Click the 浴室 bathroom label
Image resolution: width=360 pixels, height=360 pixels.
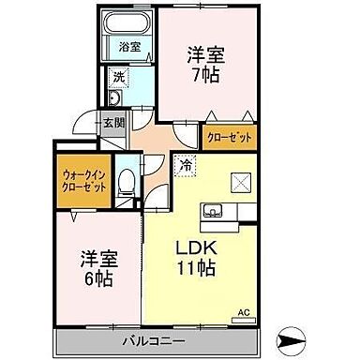click(126, 46)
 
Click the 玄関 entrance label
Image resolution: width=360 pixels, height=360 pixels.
click(113, 122)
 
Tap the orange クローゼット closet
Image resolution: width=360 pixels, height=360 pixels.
click(230, 139)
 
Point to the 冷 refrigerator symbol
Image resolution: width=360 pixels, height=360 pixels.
click(185, 164)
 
